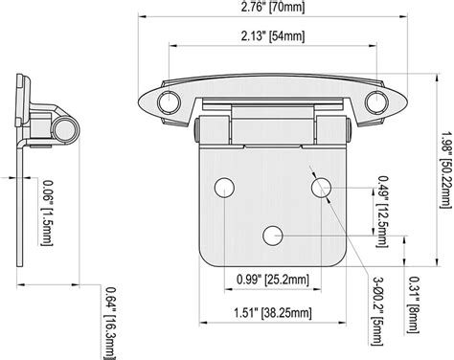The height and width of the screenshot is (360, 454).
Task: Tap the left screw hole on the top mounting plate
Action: tap(170, 101)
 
